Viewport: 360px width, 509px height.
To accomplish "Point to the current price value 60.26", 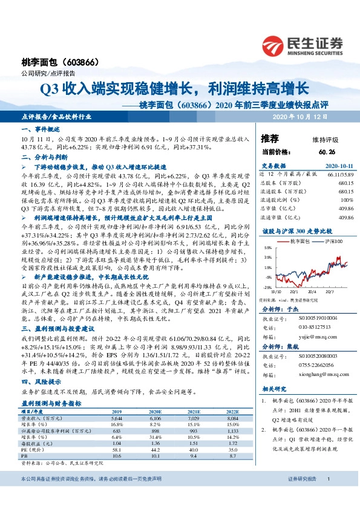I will pyautogui.click(x=326, y=151).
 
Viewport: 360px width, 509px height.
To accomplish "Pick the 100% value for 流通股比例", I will pyautogui.click(x=346, y=199).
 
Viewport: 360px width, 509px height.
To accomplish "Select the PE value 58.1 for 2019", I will pyautogui.click(x=117, y=450).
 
